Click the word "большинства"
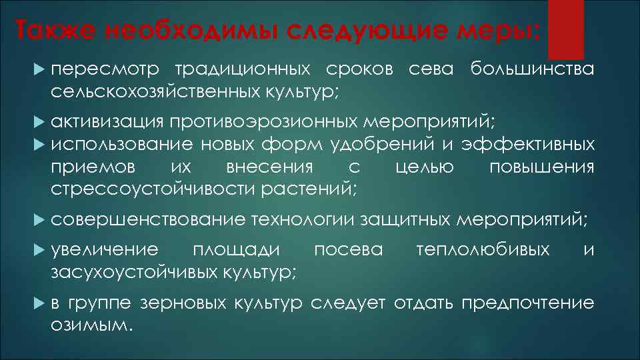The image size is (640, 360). pyautogui.click(x=531, y=69)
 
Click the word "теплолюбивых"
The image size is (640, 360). pyautogui.click(x=483, y=251)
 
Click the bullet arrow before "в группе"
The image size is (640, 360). pyautogui.click(x=37, y=304)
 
